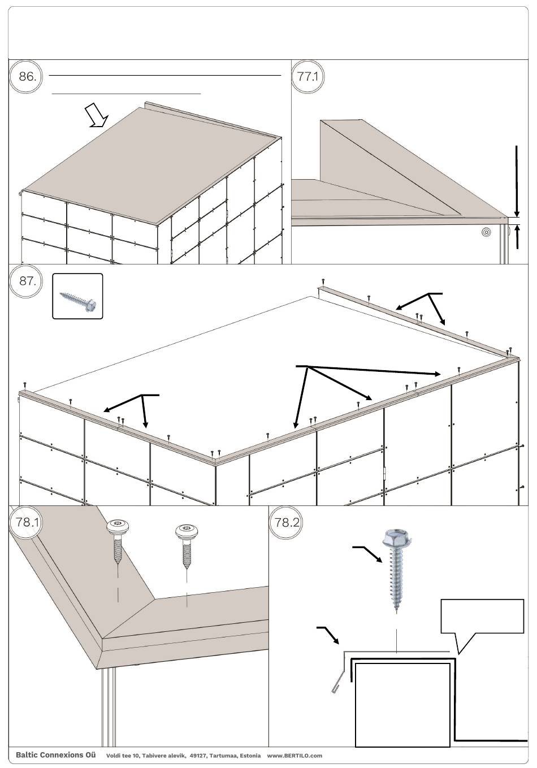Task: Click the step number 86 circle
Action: click(26, 76)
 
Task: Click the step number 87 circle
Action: click(26, 280)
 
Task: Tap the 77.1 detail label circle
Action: click(308, 76)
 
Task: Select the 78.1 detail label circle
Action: click(26, 522)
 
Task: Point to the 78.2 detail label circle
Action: click(287, 522)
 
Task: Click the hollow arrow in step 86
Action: click(96, 116)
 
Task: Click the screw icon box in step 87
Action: click(77, 296)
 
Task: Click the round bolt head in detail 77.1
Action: click(485, 232)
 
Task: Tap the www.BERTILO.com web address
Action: click(294, 756)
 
